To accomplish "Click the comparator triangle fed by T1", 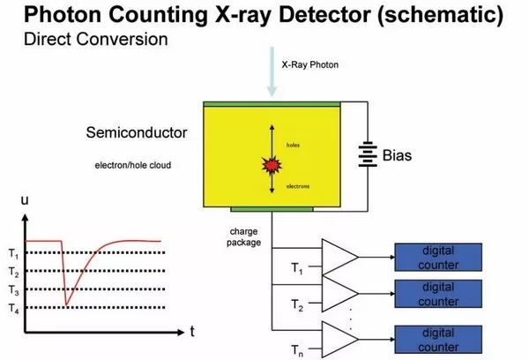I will tap(340, 256).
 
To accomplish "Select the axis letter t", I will tap(190, 333).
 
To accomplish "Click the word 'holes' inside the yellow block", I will tap(294, 144).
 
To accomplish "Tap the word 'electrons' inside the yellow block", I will tap(297, 187).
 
